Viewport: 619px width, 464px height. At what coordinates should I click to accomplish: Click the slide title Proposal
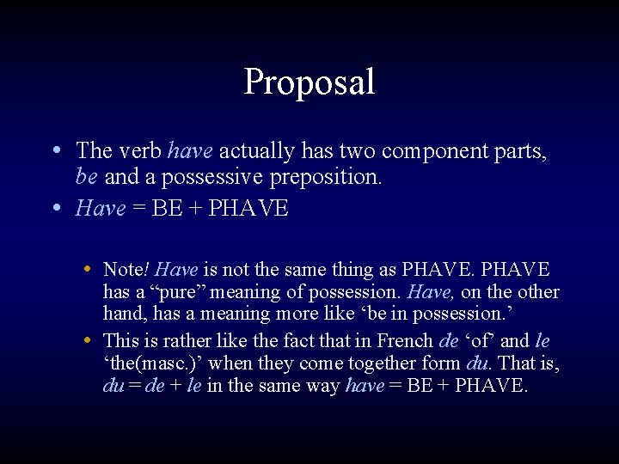click(x=309, y=82)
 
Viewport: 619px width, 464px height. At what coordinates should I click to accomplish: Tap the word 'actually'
click(x=255, y=151)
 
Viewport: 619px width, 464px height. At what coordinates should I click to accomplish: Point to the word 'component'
click(x=440, y=151)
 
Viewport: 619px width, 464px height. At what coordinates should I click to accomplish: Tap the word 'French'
click(x=403, y=341)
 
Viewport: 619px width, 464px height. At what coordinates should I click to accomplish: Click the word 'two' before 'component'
click(x=358, y=151)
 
